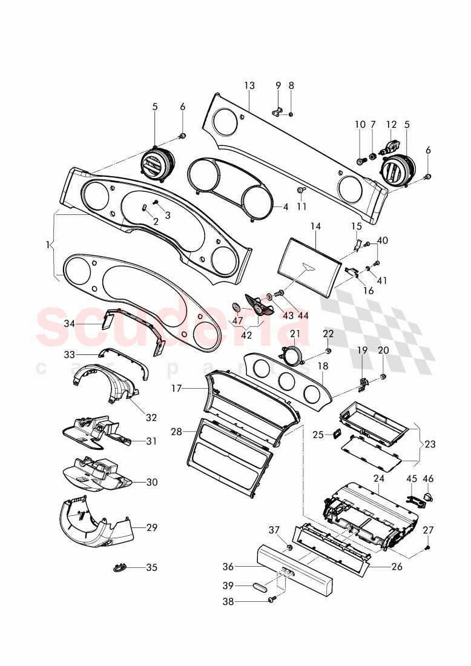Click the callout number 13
tap(249, 86)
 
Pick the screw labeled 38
tap(272, 601)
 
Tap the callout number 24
tap(380, 478)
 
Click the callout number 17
tap(176, 389)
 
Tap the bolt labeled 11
tap(301, 191)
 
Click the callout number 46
tap(429, 479)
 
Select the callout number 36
tap(227, 567)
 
